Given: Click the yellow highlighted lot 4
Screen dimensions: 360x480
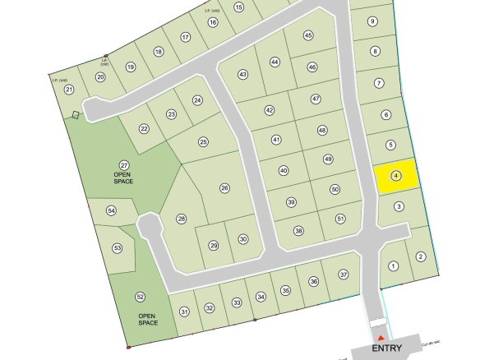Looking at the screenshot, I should [396, 175].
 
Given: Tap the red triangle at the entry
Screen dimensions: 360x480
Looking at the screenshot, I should [380, 337].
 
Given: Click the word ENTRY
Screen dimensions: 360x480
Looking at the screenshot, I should [387, 348].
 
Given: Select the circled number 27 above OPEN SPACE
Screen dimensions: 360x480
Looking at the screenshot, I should [124, 165].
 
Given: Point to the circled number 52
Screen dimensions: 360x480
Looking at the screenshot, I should [140, 297].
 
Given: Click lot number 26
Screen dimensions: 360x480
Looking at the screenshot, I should [224, 187].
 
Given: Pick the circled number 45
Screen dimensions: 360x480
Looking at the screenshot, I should [308, 35].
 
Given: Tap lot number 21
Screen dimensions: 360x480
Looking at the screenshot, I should [69, 90].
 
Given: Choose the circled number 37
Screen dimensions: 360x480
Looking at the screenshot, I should [344, 274].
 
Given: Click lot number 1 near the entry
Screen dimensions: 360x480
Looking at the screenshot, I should [394, 265].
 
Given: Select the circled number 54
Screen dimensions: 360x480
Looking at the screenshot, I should [111, 211].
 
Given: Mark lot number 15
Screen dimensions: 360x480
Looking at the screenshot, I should [239, 7].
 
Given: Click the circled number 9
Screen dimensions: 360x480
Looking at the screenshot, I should [372, 21].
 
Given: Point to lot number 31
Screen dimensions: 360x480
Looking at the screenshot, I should [185, 311].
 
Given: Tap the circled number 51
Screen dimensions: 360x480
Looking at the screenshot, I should [340, 219].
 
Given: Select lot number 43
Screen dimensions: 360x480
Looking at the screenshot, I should [242, 74].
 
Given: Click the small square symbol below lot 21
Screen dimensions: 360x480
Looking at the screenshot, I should [76, 115].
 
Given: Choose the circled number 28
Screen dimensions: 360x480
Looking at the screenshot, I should [182, 219].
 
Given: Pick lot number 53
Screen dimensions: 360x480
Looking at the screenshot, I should [118, 247].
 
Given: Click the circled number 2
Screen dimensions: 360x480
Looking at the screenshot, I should [421, 256].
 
